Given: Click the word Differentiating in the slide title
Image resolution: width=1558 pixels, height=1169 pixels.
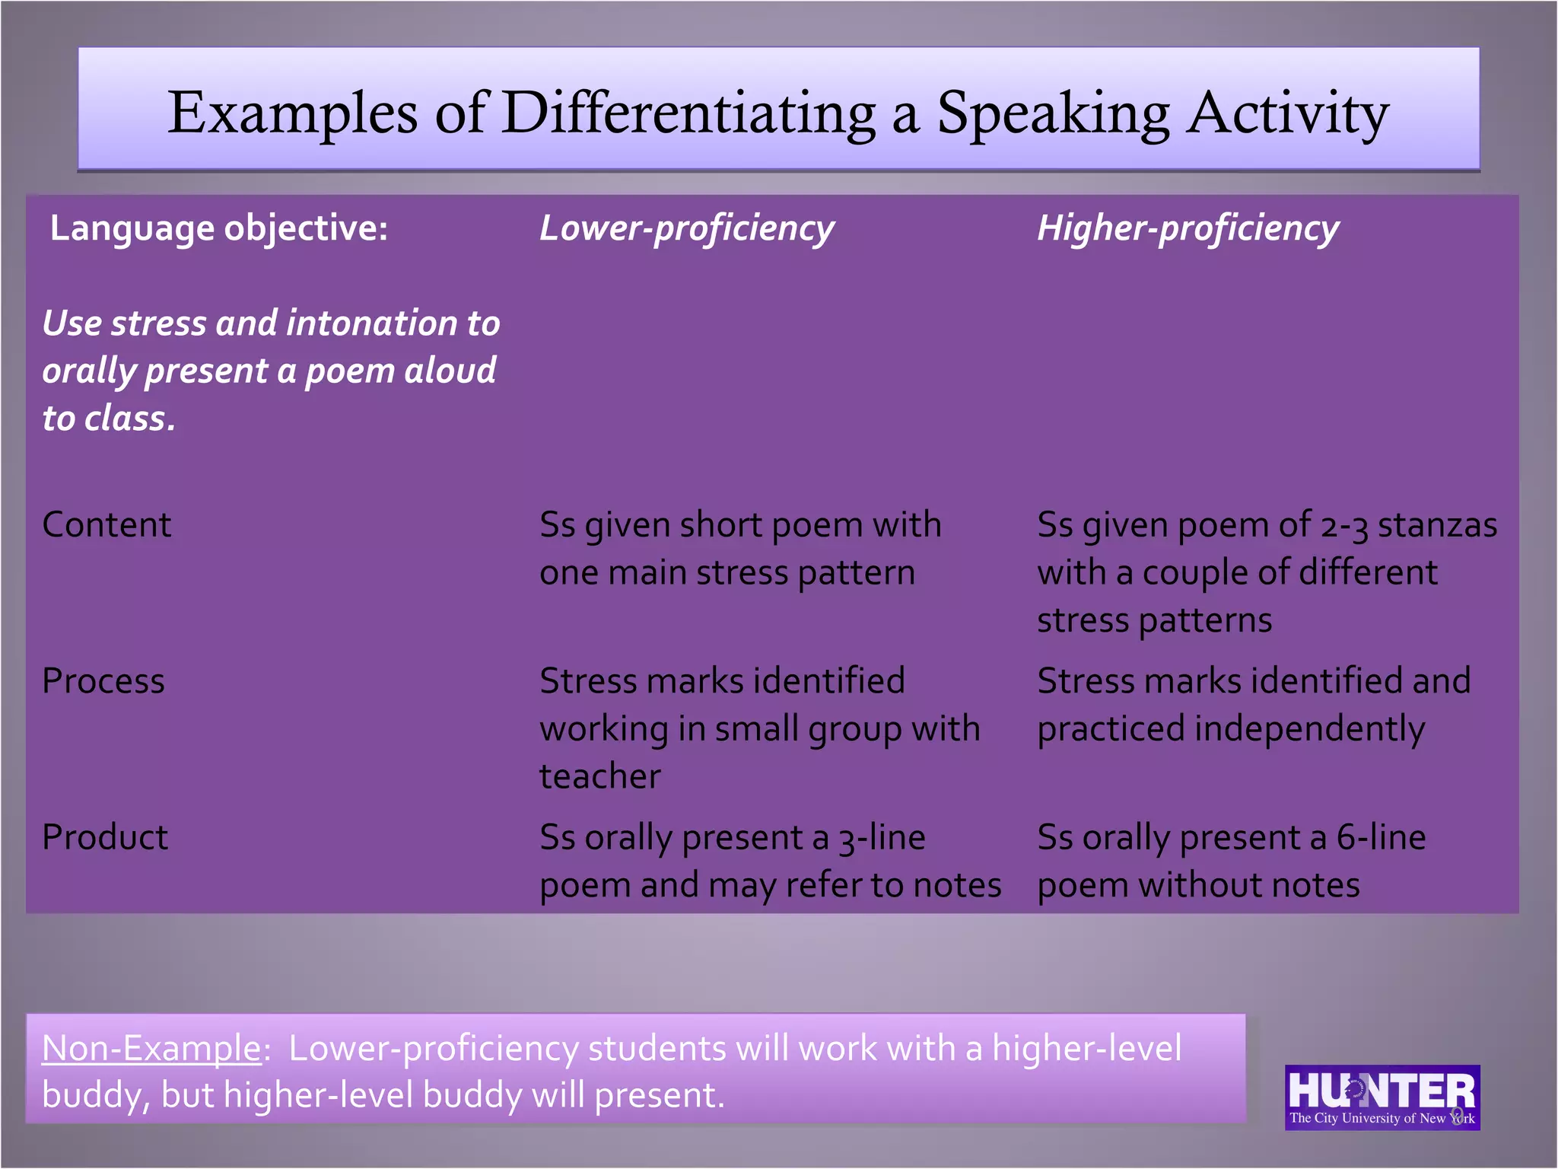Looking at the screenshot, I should coord(688,113).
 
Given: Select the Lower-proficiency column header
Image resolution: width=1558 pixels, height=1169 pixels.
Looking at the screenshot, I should coord(686,228).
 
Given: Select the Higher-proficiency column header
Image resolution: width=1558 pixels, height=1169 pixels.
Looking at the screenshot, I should coord(1188,228).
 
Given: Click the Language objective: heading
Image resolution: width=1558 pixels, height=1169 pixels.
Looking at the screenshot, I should coord(219,228).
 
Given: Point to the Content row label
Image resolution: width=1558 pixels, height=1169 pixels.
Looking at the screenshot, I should coord(107,524).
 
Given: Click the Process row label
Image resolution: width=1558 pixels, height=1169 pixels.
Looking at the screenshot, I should coord(103,680).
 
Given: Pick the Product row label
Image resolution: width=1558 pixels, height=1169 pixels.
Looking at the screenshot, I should coord(105,837).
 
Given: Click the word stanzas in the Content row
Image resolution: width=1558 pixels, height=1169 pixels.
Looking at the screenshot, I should coord(1437,525).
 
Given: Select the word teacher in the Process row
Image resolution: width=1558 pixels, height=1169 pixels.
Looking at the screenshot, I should coord(599,776).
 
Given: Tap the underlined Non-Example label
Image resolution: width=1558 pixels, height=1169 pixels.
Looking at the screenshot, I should coord(151,1048).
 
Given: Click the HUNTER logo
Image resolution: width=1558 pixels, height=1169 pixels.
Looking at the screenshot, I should coord(1382,1090).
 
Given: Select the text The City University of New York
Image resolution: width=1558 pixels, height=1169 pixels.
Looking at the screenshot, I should coord(1382,1118).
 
